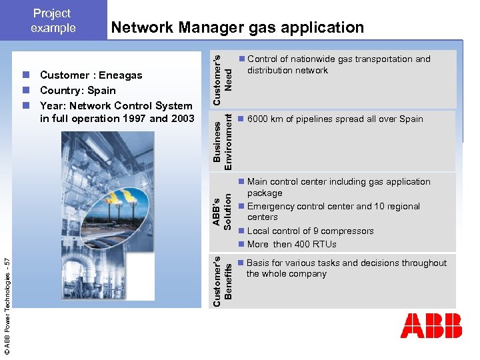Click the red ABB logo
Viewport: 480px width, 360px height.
[x=431, y=325]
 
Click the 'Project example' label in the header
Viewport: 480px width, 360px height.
[x=53, y=21]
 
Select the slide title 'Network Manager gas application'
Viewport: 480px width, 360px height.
[x=237, y=27]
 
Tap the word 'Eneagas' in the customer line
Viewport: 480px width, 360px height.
[x=120, y=75]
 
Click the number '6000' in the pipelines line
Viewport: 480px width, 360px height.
[x=260, y=119]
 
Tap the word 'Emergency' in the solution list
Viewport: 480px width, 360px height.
[x=269, y=207]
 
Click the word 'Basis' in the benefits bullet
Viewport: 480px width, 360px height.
[x=259, y=263]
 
